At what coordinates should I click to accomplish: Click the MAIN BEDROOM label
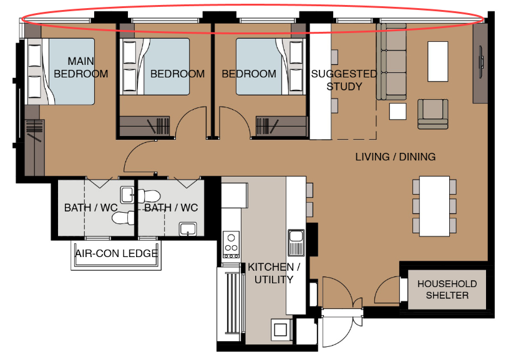click(80, 67)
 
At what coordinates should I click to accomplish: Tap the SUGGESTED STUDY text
click(344, 80)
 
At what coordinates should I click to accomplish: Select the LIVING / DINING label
click(396, 157)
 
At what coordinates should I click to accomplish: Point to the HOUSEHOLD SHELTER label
click(447, 289)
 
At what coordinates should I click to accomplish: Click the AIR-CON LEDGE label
click(116, 253)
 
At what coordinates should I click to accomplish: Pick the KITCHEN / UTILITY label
click(274, 273)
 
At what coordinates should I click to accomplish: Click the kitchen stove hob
click(231, 245)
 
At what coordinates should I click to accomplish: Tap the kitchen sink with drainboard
click(296, 243)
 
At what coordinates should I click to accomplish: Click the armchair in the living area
click(433, 114)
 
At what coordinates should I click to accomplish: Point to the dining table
click(434, 206)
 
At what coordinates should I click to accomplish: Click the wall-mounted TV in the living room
click(481, 62)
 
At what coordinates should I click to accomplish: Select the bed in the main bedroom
click(60, 72)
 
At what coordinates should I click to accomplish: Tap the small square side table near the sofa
click(397, 111)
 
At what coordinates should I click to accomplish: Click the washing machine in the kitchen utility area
click(280, 329)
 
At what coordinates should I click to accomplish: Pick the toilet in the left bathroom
click(123, 217)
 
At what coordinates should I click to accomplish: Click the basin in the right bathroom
click(188, 229)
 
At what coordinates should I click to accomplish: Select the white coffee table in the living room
click(437, 61)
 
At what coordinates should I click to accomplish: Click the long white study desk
click(321, 81)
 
